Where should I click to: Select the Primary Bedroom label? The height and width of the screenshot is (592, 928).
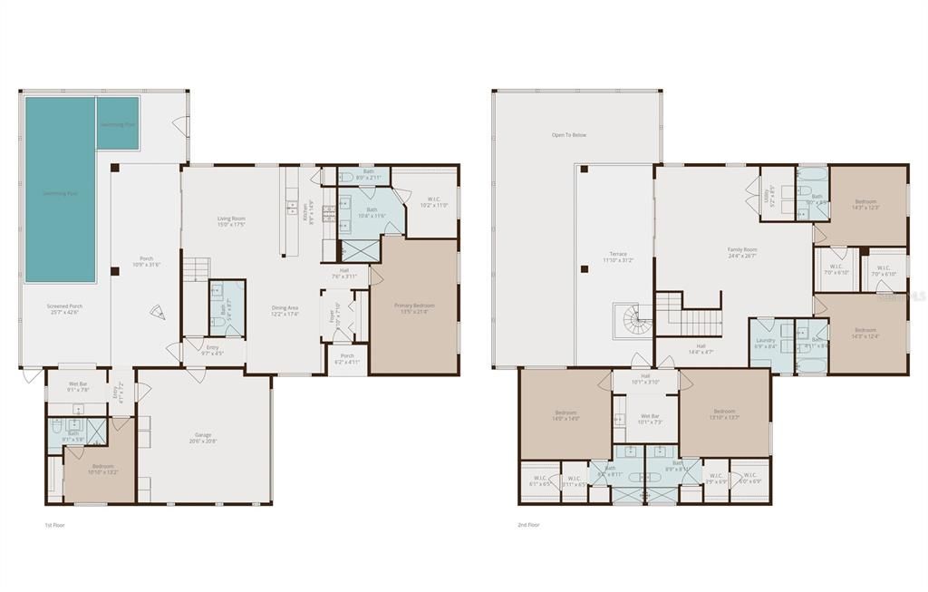coord(414,306)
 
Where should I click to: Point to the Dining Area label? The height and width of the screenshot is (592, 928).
coord(285,308)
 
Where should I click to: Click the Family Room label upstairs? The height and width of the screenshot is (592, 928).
coord(742,249)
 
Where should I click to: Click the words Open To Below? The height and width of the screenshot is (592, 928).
coord(569,135)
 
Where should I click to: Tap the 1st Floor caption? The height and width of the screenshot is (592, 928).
coord(54,525)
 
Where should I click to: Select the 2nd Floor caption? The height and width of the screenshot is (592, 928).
coord(528,525)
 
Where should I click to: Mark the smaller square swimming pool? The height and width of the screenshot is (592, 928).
coord(118,123)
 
